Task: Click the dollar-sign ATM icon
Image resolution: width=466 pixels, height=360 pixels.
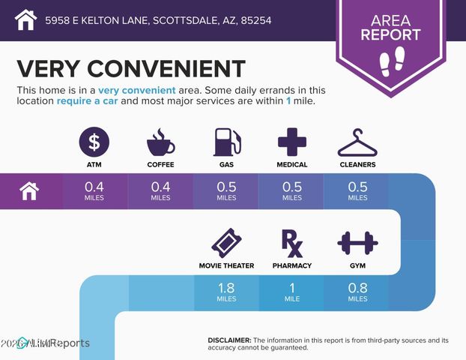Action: click(x=94, y=141)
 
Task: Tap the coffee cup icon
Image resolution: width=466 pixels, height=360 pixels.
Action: click(x=160, y=141)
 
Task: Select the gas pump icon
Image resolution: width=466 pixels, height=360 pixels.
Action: click(x=226, y=141)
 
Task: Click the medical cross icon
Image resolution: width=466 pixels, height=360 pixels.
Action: click(x=292, y=141)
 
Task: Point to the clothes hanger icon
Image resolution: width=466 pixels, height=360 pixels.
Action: click(x=357, y=141)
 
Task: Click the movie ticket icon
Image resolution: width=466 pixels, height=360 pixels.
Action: click(x=226, y=243)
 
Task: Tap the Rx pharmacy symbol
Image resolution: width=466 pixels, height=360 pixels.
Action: click(x=292, y=243)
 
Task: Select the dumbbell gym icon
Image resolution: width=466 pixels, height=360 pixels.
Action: click(x=357, y=243)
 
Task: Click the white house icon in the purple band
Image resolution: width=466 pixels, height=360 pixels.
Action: click(x=29, y=191)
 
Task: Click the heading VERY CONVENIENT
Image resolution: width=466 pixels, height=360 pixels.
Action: click(x=130, y=68)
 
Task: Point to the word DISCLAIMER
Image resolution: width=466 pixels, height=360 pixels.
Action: click(x=229, y=340)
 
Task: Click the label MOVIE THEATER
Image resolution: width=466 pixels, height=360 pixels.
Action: click(x=226, y=265)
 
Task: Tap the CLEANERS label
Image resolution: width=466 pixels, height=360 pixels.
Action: click(x=357, y=164)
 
